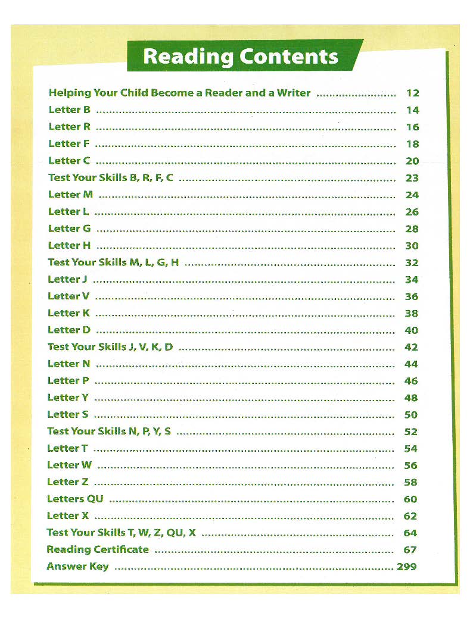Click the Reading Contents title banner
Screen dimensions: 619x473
point(241,57)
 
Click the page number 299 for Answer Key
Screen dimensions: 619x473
point(406,567)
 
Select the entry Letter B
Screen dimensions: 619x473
point(69,110)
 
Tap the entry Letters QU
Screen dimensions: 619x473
point(75,499)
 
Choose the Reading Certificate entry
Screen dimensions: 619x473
point(98,549)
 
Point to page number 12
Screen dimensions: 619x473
point(412,93)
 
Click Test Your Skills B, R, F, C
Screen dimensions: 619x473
point(111,177)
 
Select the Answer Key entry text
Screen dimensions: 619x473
point(77,566)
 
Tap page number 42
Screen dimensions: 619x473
point(411,347)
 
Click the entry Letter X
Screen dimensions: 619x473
point(68,515)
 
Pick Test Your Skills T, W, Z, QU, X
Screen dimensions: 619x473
point(121,533)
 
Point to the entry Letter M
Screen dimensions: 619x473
point(70,195)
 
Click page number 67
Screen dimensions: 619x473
point(410,550)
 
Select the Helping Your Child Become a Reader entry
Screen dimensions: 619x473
point(179,93)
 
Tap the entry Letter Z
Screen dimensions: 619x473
point(68,482)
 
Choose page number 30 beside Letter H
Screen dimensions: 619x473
point(412,246)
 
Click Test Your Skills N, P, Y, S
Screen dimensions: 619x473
point(109,432)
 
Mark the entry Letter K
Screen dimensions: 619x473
point(69,313)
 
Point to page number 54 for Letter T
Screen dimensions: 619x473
point(410,449)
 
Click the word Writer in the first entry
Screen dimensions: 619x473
point(294,93)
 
